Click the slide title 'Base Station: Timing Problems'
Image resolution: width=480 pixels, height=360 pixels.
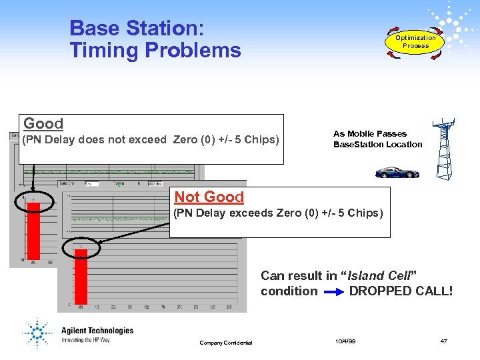[x=155, y=39]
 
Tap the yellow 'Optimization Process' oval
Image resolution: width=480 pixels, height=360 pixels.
[x=415, y=42]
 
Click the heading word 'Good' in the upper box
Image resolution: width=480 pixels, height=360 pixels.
[x=43, y=124]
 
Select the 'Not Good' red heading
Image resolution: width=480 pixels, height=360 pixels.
[x=209, y=197]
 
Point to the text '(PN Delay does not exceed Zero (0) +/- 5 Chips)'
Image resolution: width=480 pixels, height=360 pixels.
[x=151, y=140]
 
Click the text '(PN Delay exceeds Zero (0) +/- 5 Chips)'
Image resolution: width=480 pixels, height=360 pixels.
[x=278, y=213]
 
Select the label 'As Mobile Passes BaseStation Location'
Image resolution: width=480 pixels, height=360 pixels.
[x=377, y=139]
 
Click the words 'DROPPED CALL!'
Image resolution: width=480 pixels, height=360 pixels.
[x=401, y=291]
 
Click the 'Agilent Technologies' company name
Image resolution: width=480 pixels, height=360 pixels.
[x=97, y=331]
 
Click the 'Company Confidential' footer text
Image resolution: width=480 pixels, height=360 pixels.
[x=226, y=343]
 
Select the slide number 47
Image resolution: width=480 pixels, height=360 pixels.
[x=443, y=341]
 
